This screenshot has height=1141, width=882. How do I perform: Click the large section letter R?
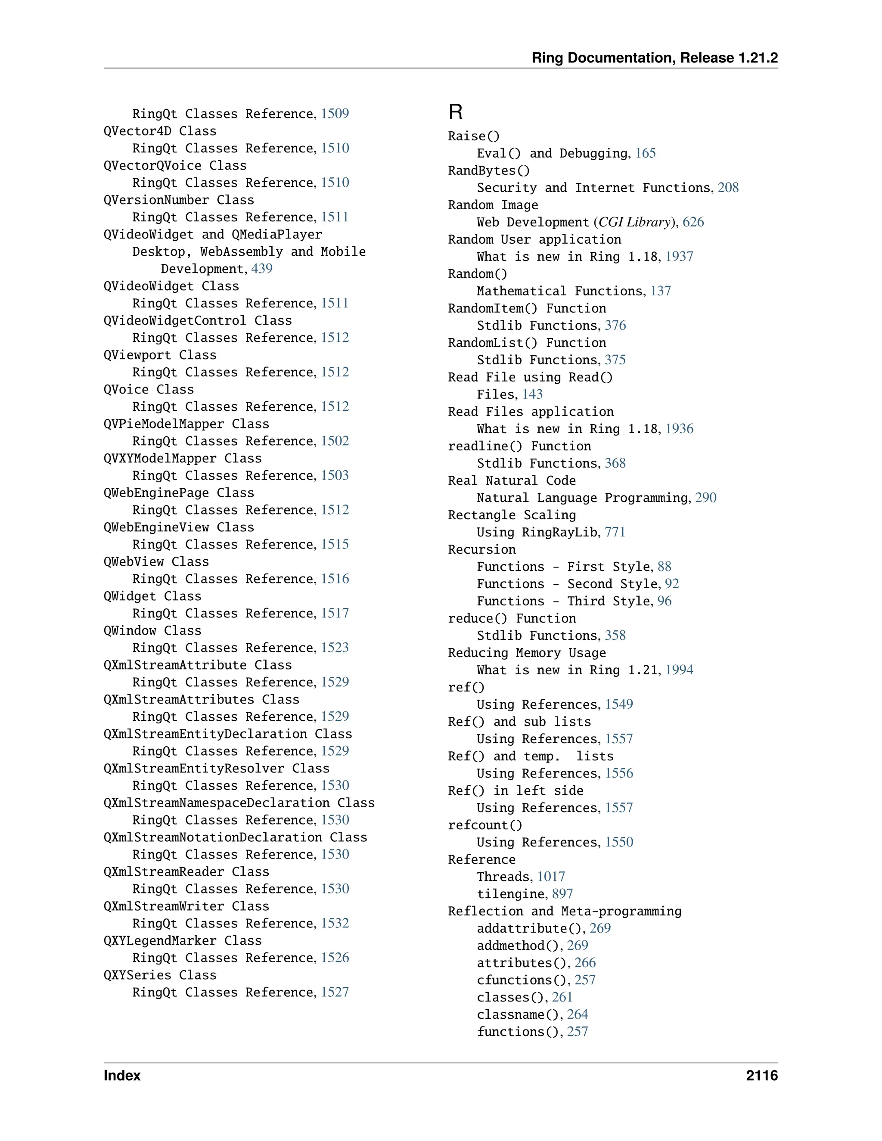(x=455, y=112)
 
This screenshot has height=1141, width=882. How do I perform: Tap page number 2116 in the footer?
(x=761, y=1076)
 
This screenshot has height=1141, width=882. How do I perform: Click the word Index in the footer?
(x=122, y=1076)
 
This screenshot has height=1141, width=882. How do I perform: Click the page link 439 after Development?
(x=262, y=269)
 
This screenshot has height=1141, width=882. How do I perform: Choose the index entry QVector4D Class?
(x=160, y=131)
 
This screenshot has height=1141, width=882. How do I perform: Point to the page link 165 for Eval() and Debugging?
(x=645, y=153)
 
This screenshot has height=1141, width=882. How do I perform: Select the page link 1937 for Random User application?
(x=679, y=257)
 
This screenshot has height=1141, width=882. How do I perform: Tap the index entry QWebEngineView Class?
(x=179, y=527)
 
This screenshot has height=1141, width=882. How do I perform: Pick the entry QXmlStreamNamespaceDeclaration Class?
(x=239, y=803)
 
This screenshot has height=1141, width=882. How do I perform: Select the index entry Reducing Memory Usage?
(x=527, y=653)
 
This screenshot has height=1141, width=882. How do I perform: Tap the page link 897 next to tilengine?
(x=562, y=894)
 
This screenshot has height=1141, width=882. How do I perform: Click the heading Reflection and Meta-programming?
(x=564, y=911)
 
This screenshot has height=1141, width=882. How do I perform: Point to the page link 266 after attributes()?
(x=585, y=963)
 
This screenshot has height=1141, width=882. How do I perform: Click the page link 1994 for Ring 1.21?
(x=679, y=670)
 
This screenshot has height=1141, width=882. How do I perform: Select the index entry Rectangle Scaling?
(x=512, y=515)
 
